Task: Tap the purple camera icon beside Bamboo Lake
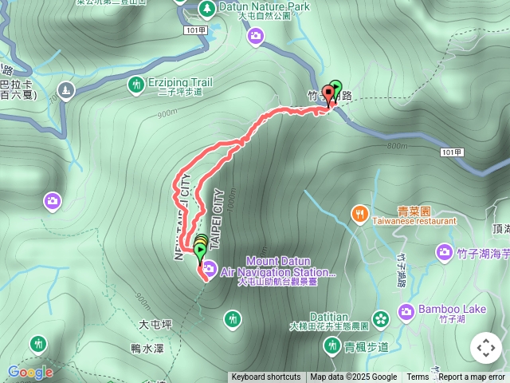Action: click(406, 310)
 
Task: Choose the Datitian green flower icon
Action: click(381, 318)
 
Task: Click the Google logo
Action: click(30, 372)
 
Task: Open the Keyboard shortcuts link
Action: click(266, 377)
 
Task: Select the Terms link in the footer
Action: click(418, 377)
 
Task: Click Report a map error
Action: click(472, 377)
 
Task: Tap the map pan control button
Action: click(485, 348)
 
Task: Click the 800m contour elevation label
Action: click(396, 146)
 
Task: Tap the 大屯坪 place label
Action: click(155, 325)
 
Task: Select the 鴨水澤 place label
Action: click(147, 348)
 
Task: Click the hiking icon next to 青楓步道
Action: click(331, 345)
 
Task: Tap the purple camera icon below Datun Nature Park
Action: click(256, 35)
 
